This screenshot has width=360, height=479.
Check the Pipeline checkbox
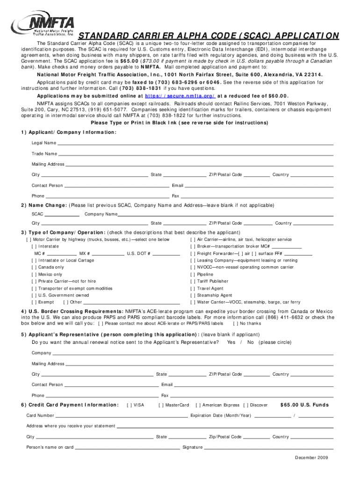click(193, 275)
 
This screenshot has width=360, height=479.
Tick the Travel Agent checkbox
click(193, 289)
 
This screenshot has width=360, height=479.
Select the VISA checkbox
click(130, 405)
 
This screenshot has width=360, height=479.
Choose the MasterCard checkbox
click(161, 405)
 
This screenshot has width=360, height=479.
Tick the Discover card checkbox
click(246, 405)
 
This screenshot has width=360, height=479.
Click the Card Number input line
click(122, 415)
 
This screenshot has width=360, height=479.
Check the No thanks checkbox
click(237, 323)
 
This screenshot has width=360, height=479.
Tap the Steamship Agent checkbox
click(193, 296)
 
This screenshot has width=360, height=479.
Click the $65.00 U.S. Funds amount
click(304, 405)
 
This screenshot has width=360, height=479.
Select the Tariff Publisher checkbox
click(193, 282)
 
